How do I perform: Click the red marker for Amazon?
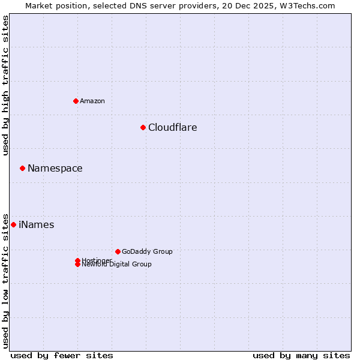tap(76, 101)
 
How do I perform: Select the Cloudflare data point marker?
tap(143, 127)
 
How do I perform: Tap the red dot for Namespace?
tap(22, 168)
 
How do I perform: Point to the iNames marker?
tap(13, 224)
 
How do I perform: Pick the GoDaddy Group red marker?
tap(118, 251)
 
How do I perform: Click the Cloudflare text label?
tap(172, 127)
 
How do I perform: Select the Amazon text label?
tap(92, 101)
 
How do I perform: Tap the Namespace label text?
tap(55, 168)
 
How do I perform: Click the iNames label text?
tap(36, 224)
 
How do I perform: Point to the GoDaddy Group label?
tap(147, 251)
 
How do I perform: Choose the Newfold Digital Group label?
tap(116, 265)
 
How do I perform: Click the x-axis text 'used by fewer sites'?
tap(62, 355)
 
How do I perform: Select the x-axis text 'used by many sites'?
tap(301, 355)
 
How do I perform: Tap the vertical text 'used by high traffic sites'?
tap(5, 85)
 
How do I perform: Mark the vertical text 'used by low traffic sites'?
tap(5, 280)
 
